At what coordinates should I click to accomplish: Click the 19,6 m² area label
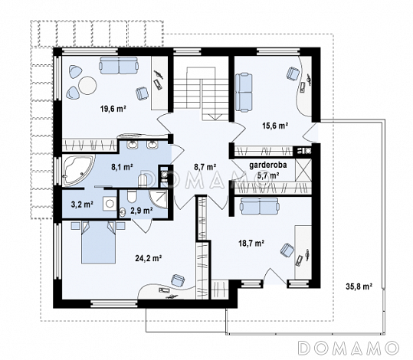point(113,109)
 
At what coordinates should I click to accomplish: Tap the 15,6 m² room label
point(275,126)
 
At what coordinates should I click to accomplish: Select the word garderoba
point(268,165)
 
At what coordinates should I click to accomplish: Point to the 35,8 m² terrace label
point(359,286)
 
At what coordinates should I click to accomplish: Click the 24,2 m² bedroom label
point(149,258)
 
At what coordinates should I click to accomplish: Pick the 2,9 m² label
point(142,210)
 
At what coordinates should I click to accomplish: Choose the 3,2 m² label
point(82,205)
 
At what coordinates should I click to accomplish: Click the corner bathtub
point(77,170)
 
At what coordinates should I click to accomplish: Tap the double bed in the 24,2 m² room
point(98,242)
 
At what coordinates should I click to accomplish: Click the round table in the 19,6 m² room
point(87,85)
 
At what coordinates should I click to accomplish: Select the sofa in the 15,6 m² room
point(244,92)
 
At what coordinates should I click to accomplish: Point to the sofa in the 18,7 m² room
point(259,206)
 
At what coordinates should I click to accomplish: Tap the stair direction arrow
point(215,116)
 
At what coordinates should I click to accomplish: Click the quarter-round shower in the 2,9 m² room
point(159,199)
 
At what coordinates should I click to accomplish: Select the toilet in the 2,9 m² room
point(131,195)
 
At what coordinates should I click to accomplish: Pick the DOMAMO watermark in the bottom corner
point(348,348)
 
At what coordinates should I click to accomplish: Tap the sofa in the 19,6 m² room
point(119,65)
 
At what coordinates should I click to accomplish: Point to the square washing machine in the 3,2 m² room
point(109,203)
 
